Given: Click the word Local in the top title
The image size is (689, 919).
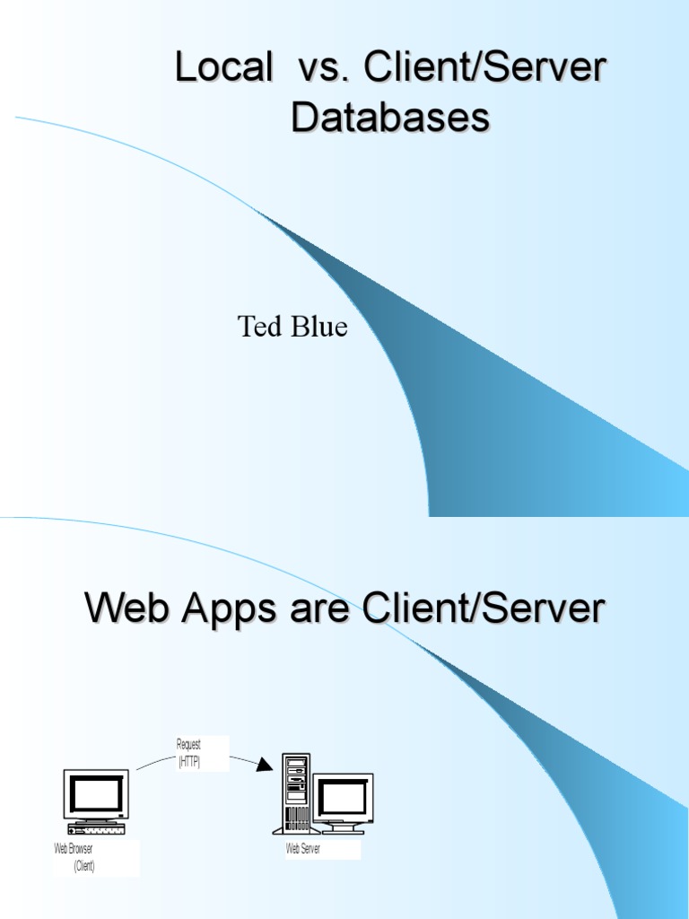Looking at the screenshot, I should point(224,70).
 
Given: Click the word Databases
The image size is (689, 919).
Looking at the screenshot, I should point(390,118).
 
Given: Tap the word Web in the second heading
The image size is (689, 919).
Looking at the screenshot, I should point(126,609).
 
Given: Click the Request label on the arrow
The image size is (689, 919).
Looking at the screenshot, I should point(189,745).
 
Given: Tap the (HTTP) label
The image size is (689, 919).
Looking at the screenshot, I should point(189,761).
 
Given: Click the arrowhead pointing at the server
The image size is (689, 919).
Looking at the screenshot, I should point(263,765).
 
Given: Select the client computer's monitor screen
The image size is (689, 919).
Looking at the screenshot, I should point(96,793).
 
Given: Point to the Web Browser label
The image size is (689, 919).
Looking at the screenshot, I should point(74,849).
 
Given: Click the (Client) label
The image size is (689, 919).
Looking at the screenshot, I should point(84,866).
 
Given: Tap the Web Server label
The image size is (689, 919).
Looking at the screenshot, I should point(303,849).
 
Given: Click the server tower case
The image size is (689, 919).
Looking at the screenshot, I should point(296,792).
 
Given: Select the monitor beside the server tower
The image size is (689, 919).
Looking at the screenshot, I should point(343,798).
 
